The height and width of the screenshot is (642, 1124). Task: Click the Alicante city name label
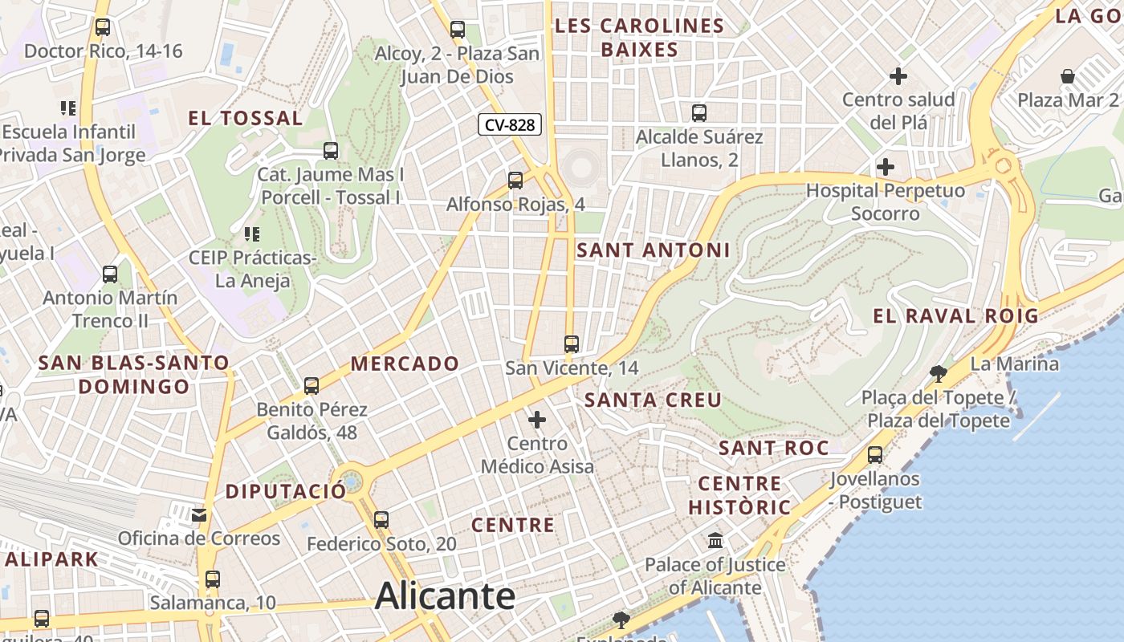[445, 595]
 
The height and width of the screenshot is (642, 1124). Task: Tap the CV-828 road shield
[510, 125]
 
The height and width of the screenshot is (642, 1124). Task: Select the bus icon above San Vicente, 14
[572, 344]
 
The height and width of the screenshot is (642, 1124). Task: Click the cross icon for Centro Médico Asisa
[537, 420]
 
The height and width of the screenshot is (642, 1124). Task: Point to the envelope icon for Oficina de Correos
[199, 514]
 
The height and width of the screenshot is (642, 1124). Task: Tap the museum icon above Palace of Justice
[715, 541]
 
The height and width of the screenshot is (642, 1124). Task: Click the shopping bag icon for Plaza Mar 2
[1068, 77]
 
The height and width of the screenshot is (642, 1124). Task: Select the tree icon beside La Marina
[938, 373]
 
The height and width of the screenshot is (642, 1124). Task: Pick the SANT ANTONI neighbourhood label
[654, 250]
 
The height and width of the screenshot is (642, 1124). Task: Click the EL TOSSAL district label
[246, 119]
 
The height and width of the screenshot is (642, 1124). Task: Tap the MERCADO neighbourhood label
[405, 364]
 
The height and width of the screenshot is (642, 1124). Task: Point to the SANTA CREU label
[653, 400]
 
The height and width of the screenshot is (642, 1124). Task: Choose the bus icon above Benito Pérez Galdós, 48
[312, 386]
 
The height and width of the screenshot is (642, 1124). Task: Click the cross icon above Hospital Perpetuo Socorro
[886, 167]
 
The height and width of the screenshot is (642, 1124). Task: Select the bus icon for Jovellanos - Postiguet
[875, 455]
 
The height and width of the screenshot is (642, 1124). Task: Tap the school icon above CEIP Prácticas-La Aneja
[252, 234]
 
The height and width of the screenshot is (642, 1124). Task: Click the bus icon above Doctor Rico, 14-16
[102, 27]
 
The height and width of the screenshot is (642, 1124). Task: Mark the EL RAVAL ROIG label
[955, 315]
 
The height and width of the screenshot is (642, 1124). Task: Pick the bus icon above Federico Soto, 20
[381, 520]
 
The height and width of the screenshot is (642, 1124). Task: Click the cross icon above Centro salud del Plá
[898, 77]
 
